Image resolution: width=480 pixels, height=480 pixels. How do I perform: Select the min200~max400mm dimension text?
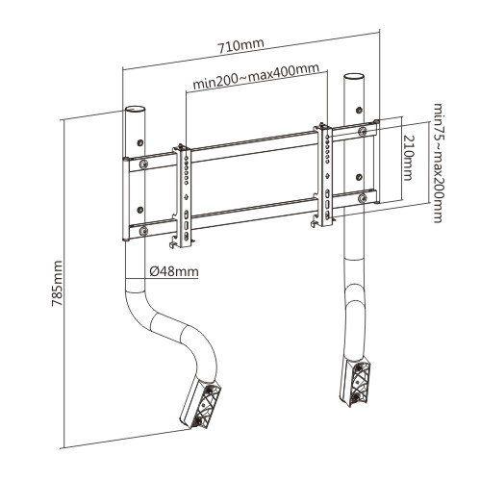[255, 85]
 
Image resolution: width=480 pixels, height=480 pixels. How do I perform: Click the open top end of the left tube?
[136, 109]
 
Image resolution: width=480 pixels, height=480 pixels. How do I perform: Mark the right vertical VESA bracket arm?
[328, 173]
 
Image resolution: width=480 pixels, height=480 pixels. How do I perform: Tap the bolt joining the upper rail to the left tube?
[143, 164]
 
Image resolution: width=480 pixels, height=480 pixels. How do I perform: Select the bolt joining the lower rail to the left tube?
[143, 229]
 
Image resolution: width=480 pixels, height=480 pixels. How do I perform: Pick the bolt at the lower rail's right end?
[362, 198]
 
